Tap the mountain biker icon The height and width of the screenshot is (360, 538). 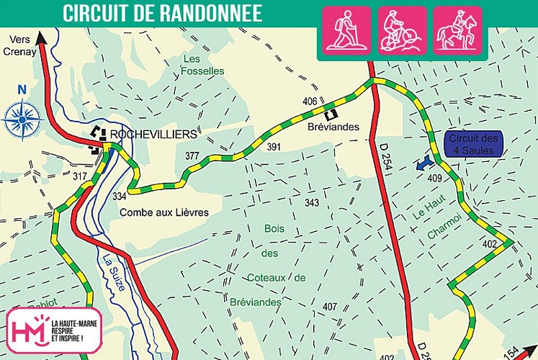(403, 30)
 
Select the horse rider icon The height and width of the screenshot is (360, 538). (457, 30)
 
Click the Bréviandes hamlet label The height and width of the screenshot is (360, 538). (333, 127)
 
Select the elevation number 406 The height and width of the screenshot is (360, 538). (310, 101)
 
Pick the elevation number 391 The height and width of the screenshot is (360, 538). (273, 147)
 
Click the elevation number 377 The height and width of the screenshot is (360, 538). (192, 156)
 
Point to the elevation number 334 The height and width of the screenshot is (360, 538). (119, 196)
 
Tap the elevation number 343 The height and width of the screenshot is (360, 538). (311, 203)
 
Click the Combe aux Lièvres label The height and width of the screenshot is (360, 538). (163, 212)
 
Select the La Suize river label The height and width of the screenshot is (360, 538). (113, 272)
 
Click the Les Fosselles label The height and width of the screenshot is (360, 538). (203, 65)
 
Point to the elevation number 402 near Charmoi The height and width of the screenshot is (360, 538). (490, 245)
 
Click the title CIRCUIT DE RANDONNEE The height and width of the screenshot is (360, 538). (162, 13)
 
